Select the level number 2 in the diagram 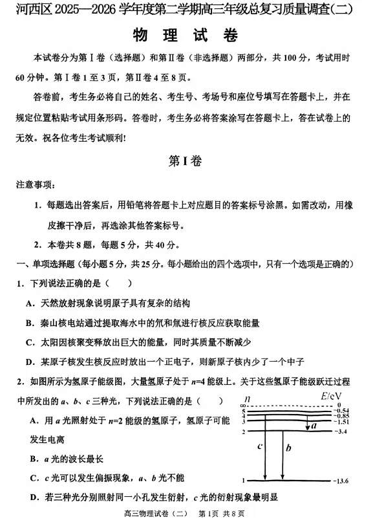tap(244, 431)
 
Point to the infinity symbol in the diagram tap(244, 404)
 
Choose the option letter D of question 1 tap(30, 362)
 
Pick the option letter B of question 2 tap(32, 459)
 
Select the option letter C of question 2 tap(32, 478)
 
